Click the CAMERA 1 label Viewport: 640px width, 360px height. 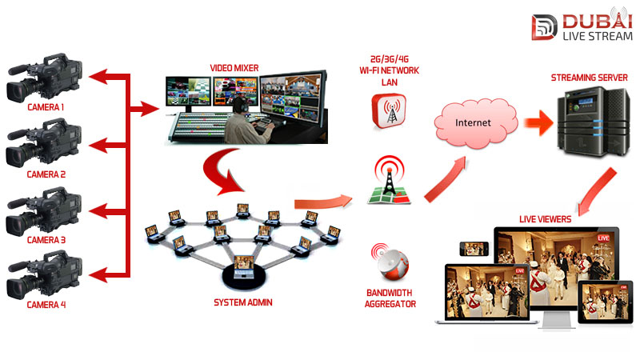pos(46,106)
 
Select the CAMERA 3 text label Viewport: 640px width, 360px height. pos(46,239)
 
